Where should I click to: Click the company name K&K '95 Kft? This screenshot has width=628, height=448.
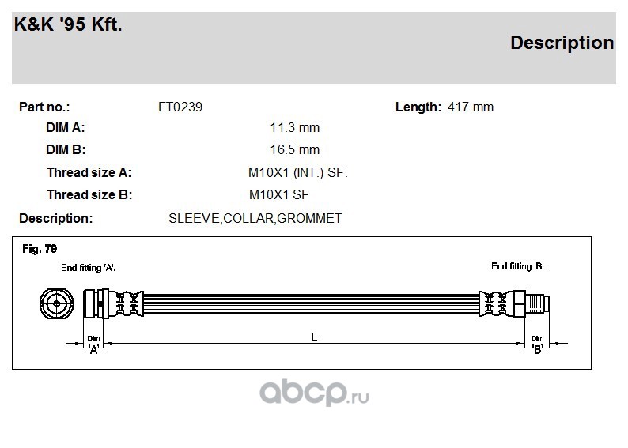point(68,24)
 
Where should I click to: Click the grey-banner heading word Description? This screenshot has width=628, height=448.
point(562,43)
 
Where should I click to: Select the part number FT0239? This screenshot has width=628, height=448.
point(180,107)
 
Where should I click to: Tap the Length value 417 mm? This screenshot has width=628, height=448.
point(471,107)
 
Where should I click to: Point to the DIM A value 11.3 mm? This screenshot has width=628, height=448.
point(295,127)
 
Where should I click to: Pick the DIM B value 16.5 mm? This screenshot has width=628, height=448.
point(295,149)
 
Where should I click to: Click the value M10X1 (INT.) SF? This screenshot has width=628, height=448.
point(298,172)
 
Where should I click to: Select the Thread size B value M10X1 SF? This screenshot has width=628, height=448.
point(278,194)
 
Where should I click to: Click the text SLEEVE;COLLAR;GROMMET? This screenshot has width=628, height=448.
point(255,218)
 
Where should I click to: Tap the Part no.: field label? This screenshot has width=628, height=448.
point(44,107)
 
